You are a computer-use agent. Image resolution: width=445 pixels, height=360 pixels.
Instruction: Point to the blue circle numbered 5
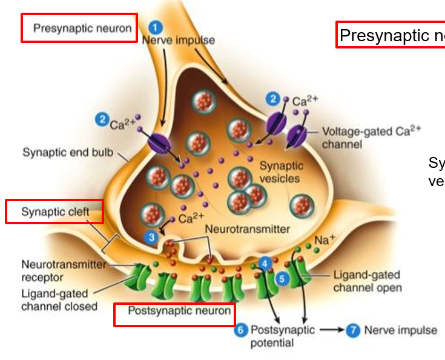click(x=282, y=278)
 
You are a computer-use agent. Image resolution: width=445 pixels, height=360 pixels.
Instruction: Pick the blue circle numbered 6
click(x=241, y=330)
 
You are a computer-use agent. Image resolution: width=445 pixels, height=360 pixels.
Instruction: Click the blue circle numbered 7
click(x=353, y=330)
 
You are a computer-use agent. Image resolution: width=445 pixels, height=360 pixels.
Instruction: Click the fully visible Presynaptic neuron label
click(x=79, y=28)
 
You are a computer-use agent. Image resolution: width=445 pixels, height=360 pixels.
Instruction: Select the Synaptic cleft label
click(x=54, y=212)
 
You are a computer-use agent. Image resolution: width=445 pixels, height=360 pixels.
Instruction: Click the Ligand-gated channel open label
click(x=367, y=281)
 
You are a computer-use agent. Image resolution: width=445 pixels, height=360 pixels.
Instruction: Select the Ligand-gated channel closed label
click(x=59, y=300)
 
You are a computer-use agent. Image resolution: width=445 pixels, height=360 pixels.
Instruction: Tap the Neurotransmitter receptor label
click(x=63, y=270)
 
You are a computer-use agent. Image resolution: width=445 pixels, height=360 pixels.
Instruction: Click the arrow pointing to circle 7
click(x=331, y=330)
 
